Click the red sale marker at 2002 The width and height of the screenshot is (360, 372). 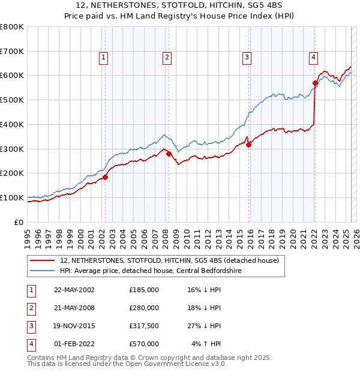(105, 177)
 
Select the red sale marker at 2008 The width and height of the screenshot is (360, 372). (169, 154)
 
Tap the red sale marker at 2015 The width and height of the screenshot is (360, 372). (249, 145)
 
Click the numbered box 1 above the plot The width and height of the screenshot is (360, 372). (103, 58)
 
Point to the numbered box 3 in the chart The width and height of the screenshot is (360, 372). (247, 58)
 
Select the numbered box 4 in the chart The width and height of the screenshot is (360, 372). (313, 58)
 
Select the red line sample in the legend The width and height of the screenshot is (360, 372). (43, 261)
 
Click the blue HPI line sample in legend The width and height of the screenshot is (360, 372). (43, 271)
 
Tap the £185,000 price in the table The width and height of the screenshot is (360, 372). (144, 290)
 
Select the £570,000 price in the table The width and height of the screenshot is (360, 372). (144, 344)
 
